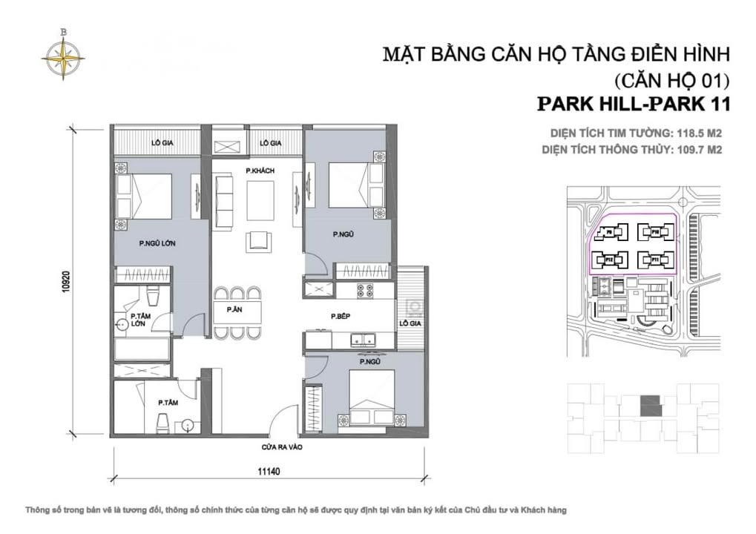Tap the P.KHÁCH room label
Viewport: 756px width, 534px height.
260,171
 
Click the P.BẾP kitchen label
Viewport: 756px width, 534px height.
341,316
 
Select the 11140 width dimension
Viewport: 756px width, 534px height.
269,470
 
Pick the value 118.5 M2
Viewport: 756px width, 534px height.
697,133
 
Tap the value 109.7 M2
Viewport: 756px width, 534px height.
697,149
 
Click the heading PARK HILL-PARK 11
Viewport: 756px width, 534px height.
633,104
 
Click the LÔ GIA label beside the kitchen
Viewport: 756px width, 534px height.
410,324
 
